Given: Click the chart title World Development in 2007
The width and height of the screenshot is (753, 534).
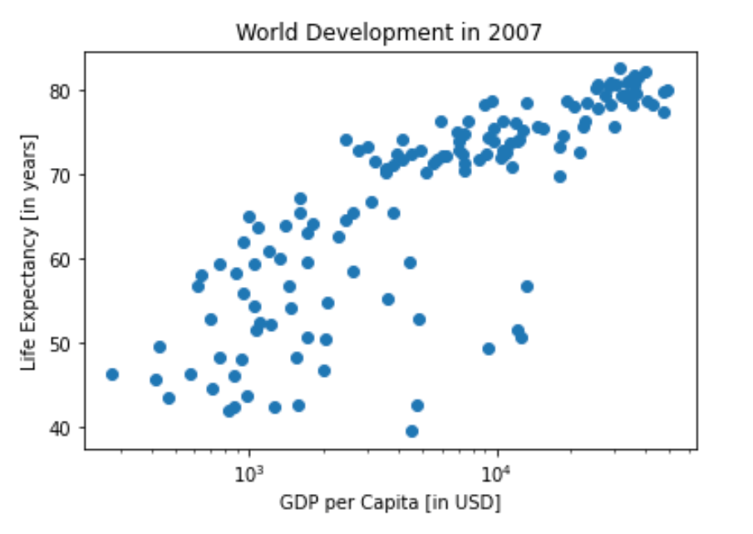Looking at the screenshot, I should [389, 32].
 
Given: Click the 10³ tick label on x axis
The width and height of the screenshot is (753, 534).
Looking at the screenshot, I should [248, 472].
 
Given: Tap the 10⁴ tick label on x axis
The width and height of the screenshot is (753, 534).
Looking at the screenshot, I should [496, 472].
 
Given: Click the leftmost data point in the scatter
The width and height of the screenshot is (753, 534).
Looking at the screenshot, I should [112, 374].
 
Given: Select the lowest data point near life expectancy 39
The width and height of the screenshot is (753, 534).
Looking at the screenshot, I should [411, 431].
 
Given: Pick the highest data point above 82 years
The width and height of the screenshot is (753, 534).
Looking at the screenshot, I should [620, 69].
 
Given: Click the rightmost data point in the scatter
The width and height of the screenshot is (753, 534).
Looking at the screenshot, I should [667, 91].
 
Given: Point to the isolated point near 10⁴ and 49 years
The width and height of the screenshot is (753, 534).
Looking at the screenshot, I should [489, 349].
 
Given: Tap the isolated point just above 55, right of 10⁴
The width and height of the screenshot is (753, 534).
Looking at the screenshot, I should [527, 286].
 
